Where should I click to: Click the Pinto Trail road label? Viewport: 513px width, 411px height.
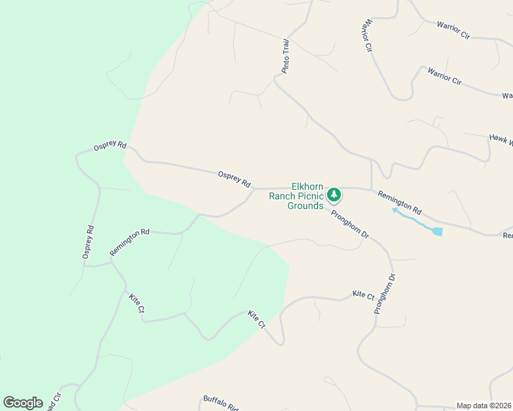tap(286, 55)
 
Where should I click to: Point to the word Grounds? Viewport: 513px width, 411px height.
tap(305, 206)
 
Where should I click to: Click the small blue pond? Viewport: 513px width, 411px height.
tap(438, 232)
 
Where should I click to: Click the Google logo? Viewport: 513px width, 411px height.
tap(23, 403)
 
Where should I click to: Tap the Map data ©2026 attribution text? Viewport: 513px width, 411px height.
tap(484, 406)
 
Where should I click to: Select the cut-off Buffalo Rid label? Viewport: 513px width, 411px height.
tap(219, 403)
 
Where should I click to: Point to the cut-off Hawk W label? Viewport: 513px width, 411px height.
tap(501, 140)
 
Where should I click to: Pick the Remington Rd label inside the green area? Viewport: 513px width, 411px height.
tap(130, 242)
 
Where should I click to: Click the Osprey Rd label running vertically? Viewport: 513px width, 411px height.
tap(87, 242)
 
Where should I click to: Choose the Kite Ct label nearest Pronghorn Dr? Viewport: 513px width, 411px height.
tap(363, 295)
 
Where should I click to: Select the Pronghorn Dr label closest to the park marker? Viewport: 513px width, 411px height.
tap(350, 224)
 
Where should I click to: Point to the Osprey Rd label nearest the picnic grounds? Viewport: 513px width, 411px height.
tap(235, 179)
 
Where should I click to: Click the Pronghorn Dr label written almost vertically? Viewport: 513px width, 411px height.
tap(385, 294)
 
